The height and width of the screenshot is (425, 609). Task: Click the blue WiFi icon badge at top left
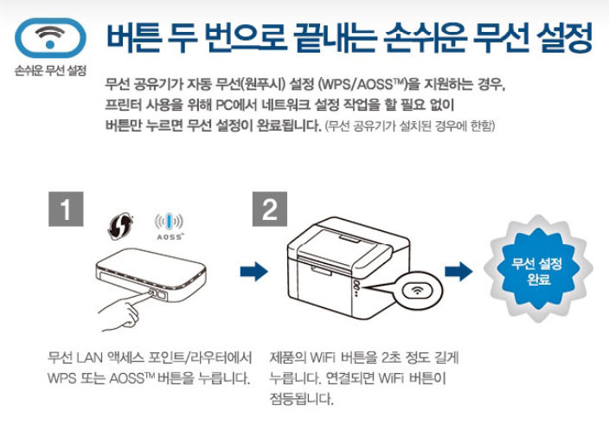tap(51, 37)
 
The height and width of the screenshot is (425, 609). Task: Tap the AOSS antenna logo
tap(169, 226)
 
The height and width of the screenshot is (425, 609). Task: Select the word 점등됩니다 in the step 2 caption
tap(301, 399)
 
